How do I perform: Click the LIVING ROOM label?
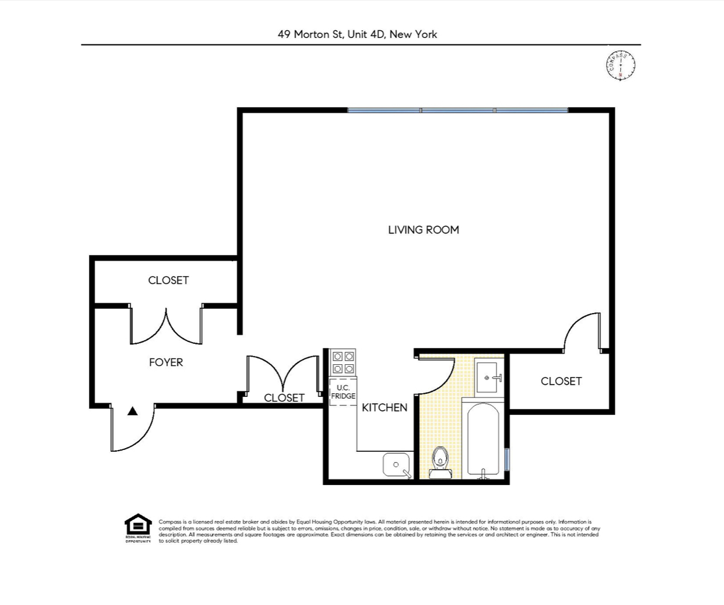[423, 230]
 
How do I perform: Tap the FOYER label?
[166, 363]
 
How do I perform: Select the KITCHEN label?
[384, 408]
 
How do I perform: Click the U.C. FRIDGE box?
[342, 392]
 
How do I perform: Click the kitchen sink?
[397, 465]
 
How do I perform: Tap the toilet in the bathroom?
[441, 462]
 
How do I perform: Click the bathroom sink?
[487, 378]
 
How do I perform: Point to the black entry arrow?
[133, 411]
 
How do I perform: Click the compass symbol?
[621, 65]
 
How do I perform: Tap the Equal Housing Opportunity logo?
[138, 528]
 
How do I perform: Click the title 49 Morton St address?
[357, 34]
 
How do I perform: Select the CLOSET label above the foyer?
[168, 280]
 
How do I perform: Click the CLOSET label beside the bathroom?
[561, 381]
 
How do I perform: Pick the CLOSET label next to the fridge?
[284, 398]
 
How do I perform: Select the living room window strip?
[458, 111]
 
